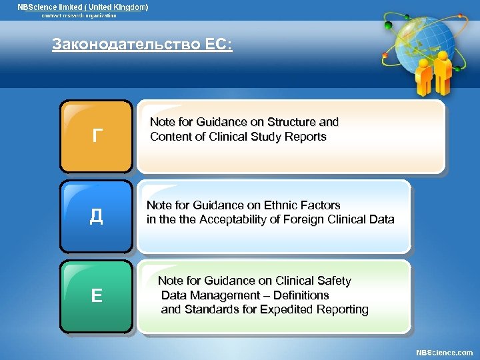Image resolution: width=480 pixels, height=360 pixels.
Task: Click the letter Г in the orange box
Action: tap(97, 137)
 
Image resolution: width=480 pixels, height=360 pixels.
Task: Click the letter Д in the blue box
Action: tap(97, 217)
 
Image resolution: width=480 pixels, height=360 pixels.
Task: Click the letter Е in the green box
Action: tap(97, 295)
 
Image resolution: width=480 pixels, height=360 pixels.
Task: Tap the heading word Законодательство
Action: tap(125, 45)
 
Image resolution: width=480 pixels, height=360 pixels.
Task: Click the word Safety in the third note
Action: tap(334, 281)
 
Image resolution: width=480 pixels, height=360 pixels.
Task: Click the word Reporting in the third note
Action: tap(343, 309)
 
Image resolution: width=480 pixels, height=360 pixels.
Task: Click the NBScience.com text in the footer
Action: tap(444, 352)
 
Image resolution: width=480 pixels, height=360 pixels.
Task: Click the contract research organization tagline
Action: tap(75, 15)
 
